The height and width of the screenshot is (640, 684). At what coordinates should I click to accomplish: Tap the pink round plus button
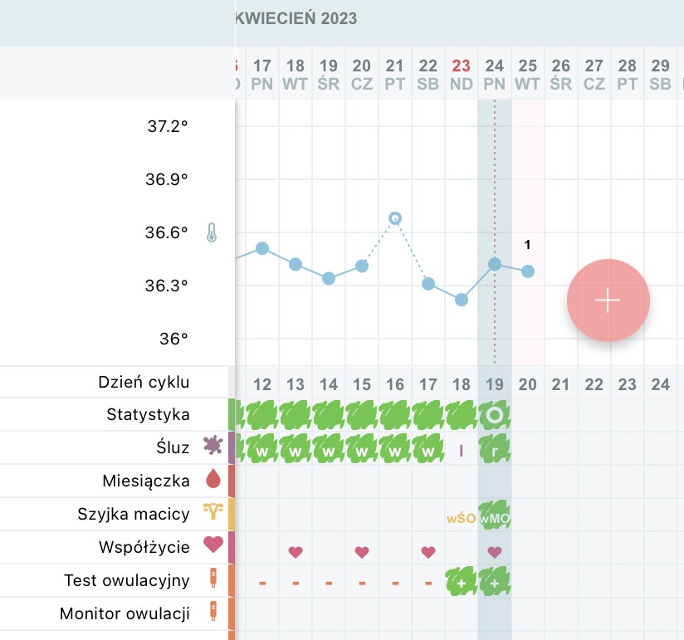tap(608, 300)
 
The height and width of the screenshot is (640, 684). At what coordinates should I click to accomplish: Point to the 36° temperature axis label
tap(173, 339)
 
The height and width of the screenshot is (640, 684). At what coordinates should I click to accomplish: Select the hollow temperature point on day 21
tap(395, 218)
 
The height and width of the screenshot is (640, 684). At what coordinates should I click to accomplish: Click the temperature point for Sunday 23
tap(462, 299)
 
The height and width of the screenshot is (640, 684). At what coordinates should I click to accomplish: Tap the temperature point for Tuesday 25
tap(528, 271)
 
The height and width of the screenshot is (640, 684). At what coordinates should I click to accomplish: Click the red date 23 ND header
tap(462, 73)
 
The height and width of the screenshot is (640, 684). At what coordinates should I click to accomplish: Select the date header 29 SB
tap(661, 73)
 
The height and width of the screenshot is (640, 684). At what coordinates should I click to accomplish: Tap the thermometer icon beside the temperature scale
tap(212, 232)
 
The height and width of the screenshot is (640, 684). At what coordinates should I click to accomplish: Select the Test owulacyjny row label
tap(126, 580)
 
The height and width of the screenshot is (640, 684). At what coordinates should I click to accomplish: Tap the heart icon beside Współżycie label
tap(214, 545)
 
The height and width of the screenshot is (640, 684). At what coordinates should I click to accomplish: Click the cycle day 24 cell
tap(661, 384)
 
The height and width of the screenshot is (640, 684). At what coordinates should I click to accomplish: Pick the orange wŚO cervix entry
tap(461, 518)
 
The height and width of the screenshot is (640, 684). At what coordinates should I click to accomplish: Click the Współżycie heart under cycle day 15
tap(362, 551)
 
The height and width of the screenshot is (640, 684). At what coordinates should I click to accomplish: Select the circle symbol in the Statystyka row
tap(495, 414)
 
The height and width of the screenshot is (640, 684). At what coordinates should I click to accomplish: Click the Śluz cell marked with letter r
tap(495, 449)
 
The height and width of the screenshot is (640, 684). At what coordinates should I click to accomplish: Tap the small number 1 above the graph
tap(527, 244)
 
